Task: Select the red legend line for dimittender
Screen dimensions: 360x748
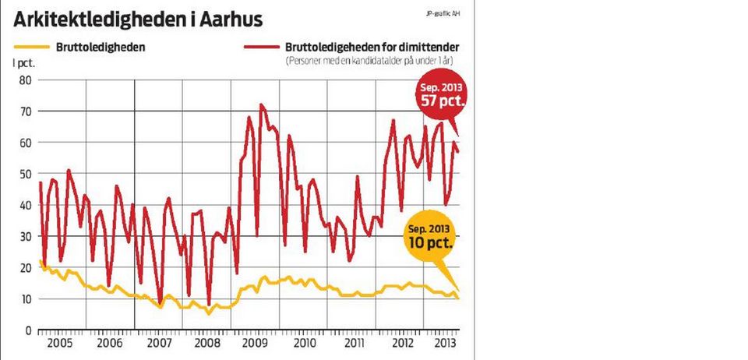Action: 259,47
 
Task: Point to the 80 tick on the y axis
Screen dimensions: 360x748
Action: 23,79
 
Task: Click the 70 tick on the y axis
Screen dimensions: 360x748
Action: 23,111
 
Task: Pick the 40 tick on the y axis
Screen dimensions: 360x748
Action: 23,205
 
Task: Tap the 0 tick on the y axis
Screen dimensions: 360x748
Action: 26,330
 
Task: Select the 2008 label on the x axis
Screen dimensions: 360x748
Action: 206,343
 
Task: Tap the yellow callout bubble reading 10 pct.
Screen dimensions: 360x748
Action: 430,235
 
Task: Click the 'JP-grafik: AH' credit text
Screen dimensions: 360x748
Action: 443,13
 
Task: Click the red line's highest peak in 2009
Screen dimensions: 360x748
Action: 261,104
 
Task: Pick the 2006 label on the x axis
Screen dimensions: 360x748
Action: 109,343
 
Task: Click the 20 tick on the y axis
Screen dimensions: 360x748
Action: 23,267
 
